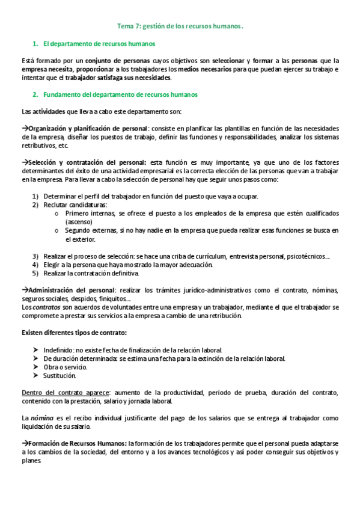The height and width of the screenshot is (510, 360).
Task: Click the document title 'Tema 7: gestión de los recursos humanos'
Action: tap(180, 26)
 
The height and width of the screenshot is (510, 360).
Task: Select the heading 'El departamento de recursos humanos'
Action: tap(99, 44)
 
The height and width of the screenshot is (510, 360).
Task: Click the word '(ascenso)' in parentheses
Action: tap(79, 222)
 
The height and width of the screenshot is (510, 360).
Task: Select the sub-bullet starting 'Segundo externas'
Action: tap(201, 230)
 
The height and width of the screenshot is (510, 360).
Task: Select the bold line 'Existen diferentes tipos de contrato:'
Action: tap(74, 333)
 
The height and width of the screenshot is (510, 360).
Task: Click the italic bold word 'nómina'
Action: tap(40, 418)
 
